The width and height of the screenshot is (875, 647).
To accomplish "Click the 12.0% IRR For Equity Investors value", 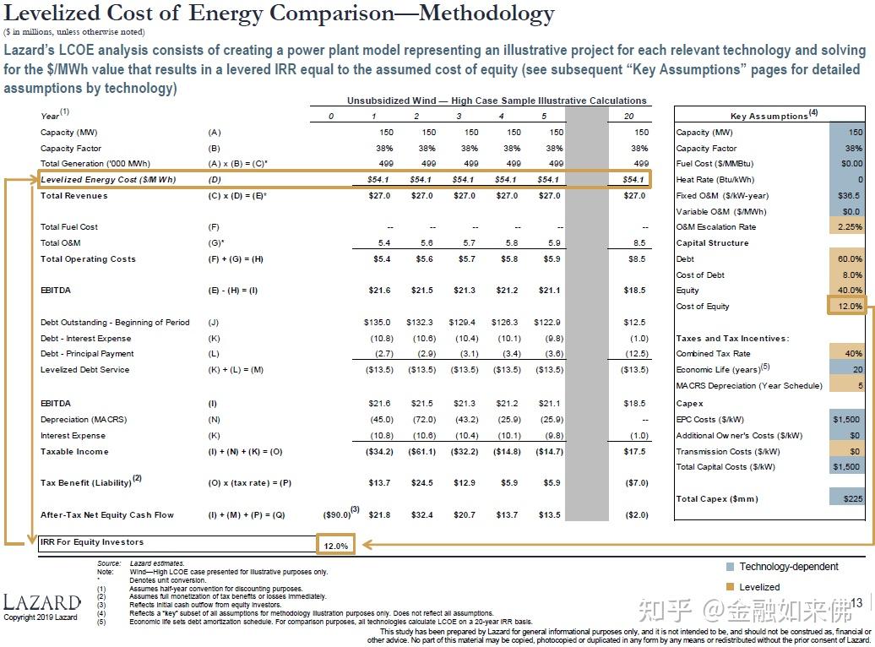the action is click(x=336, y=546).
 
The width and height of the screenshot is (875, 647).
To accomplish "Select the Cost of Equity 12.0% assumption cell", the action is click(x=850, y=306).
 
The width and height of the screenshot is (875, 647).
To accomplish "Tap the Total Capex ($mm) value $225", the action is click(x=853, y=498).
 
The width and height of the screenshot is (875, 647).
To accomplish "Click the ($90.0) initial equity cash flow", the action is click(x=337, y=514).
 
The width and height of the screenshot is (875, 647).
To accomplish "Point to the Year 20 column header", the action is click(x=629, y=116).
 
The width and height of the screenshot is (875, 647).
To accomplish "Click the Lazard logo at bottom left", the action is click(x=42, y=602).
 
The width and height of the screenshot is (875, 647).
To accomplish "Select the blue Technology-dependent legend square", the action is click(x=730, y=567).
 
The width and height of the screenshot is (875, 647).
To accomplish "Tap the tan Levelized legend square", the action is click(x=730, y=587).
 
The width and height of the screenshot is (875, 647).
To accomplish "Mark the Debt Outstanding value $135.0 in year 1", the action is click(x=378, y=322).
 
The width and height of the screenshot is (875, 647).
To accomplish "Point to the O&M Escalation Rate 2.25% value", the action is click(x=850, y=226).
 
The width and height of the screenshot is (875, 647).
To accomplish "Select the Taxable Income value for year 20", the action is click(x=634, y=451).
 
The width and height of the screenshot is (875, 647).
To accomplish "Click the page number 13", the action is click(x=856, y=603).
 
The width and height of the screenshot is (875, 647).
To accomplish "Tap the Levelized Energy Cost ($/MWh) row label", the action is click(x=108, y=179).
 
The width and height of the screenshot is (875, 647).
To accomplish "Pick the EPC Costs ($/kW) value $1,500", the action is click(x=846, y=419).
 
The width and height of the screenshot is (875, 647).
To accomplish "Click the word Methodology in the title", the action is click(x=486, y=14).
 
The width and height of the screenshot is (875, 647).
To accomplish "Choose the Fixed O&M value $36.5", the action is click(x=849, y=195).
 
